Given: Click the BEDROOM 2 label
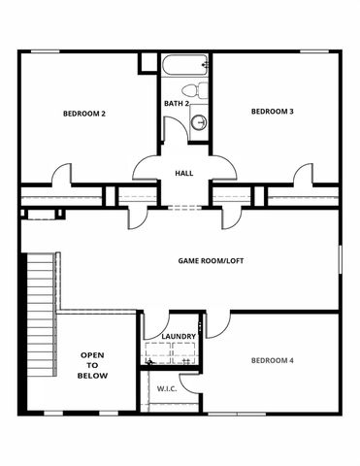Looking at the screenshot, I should click(x=83, y=114).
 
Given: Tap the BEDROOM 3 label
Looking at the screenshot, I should click(x=272, y=112).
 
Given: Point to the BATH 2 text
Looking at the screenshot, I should click(x=176, y=103).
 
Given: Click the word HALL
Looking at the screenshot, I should click(x=183, y=173).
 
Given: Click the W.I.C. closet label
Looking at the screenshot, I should click(x=166, y=388).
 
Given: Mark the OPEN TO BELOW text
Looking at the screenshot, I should click(x=94, y=365).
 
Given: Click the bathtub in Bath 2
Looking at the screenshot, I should click(x=186, y=66).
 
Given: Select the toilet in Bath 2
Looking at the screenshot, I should click(x=199, y=92).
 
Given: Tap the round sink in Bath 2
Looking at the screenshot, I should click(x=199, y=122).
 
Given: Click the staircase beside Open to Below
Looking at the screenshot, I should click(x=39, y=291).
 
